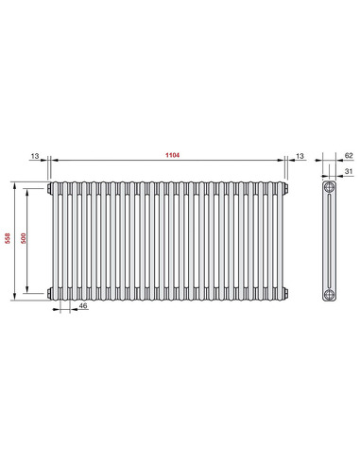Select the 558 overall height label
[x=9, y=239]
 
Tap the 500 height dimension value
[x=26, y=239]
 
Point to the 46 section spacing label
[x=84, y=307]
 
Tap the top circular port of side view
[x=328, y=187]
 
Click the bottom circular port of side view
[x=328, y=293]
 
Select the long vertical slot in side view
[x=328, y=240]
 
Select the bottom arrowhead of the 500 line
[x=31, y=291]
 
